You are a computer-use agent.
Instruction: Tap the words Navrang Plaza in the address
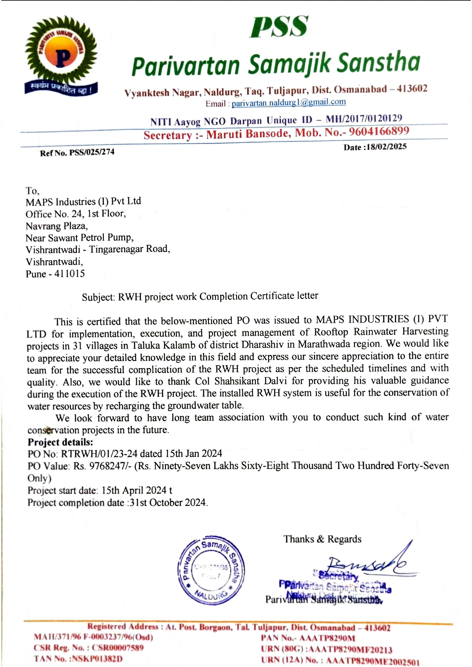click(x=56, y=226)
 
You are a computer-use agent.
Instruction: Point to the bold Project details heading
click(x=60, y=442)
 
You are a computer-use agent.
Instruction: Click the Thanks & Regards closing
click(x=322, y=539)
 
